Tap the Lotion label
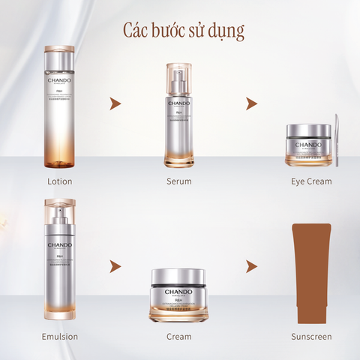[x=59, y=181]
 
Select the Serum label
[x=178, y=181]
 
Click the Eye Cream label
[x=311, y=181]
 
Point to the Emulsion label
[x=60, y=337]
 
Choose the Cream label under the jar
[x=178, y=337]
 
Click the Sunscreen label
[x=311, y=337]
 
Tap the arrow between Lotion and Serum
[x=115, y=103]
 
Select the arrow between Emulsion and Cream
[x=115, y=266]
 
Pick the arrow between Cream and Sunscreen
[x=251, y=266]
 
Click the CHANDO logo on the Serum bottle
[x=178, y=104]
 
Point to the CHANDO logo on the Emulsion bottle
[x=59, y=245]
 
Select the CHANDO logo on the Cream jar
[x=178, y=292]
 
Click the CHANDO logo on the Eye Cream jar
[x=307, y=145]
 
